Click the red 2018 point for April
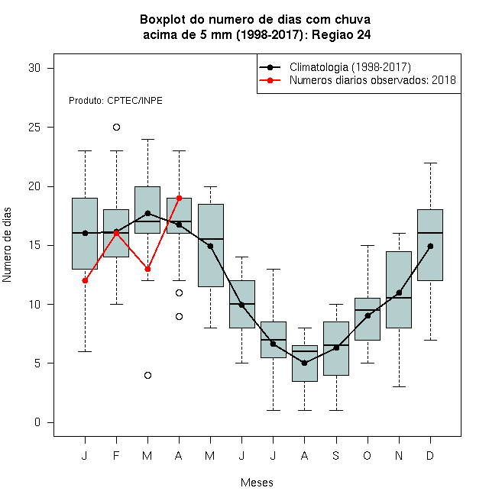click(180, 198)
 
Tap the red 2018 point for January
click(85, 280)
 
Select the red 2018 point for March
click(147, 269)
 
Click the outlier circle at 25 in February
click(116, 128)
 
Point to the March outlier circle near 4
click(147, 375)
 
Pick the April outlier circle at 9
click(180, 317)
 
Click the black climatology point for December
click(430, 246)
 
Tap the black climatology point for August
click(304, 363)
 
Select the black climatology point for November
click(399, 292)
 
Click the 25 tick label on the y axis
click(34, 128)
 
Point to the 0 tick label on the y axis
click(37, 422)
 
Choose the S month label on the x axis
click(336, 455)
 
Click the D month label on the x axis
click(430, 455)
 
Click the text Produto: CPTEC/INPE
click(115, 101)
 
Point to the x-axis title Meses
click(257, 483)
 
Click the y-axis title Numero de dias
click(7, 245)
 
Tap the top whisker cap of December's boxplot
click(430, 163)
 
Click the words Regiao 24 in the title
click(342, 34)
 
